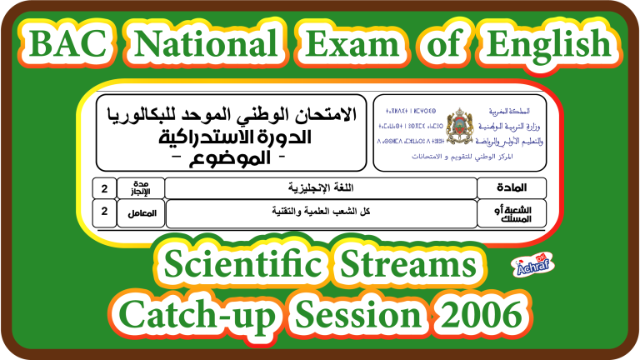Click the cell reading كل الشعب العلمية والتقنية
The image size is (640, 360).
click(x=319, y=213)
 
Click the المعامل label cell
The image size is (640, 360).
click(x=141, y=213)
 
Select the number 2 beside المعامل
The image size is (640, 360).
click(x=104, y=213)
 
